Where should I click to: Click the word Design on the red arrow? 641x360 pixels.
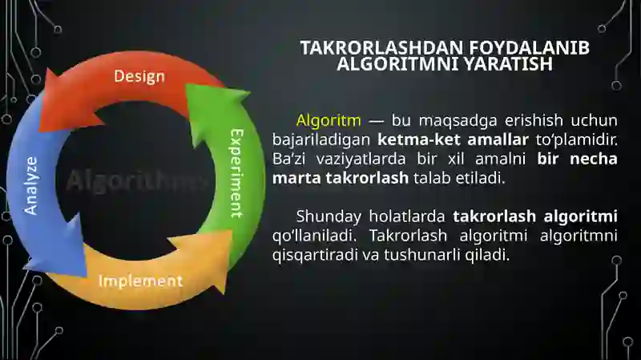click(x=139, y=77)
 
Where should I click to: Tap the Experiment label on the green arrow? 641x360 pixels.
click(x=236, y=172)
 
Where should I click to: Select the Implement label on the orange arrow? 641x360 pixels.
click(x=140, y=281)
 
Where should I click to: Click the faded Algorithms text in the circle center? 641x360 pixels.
click(x=132, y=181)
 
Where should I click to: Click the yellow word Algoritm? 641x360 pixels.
click(x=329, y=121)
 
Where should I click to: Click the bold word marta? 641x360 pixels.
click(x=296, y=177)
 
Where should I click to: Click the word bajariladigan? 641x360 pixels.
click(x=321, y=140)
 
